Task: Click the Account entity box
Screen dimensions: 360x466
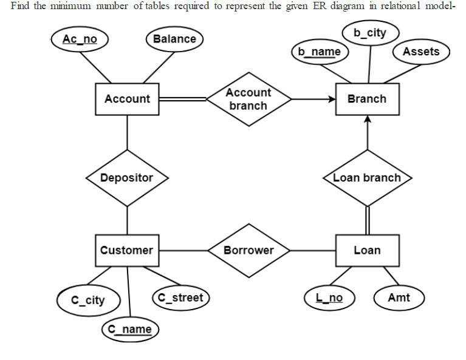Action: pyautogui.click(x=127, y=99)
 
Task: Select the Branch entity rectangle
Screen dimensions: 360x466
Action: pyautogui.click(x=367, y=99)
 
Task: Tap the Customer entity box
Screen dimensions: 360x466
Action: pyautogui.click(x=126, y=250)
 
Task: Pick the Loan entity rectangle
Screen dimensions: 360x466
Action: pyautogui.click(x=367, y=250)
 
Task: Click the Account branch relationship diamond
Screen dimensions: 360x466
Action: pyautogui.click(x=248, y=99)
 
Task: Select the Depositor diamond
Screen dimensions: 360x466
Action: pyautogui.click(x=126, y=178)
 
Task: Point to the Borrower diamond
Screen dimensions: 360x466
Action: pyautogui.click(x=248, y=250)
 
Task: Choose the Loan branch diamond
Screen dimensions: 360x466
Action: pyautogui.click(x=367, y=178)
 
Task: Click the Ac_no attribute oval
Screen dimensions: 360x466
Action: pyautogui.click(x=80, y=39)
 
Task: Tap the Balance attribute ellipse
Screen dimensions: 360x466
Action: pyautogui.click(x=174, y=39)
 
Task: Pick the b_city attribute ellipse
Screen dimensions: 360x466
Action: pyautogui.click(x=369, y=33)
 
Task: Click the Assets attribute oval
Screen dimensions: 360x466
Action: pyautogui.click(x=420, y=52)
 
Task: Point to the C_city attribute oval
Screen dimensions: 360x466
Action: pyautogui.click(x=88, y=300)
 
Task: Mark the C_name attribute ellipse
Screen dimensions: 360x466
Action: pyautogui.click(x=129, y=329)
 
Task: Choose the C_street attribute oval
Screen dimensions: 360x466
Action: pyautogui.click(x=180, y=297)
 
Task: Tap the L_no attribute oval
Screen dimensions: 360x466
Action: pyautogui.click(x=329, y=297)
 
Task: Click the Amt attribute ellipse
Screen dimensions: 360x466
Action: pyautogui.click(x=398, y=297)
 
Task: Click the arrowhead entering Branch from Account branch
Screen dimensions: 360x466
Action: pyautogui.click(x=332, y=99)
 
